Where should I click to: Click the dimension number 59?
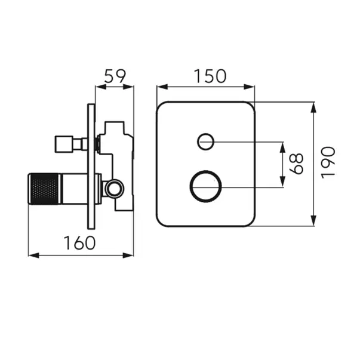point(115,76)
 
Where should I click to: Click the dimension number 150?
point(210,76)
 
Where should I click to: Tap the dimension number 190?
point(328,162)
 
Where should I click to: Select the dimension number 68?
point(296,164)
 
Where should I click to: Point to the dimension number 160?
point(79,243)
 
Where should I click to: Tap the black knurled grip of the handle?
point(44,189)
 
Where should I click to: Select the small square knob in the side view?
point(64,144)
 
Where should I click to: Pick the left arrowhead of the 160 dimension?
point(33,256)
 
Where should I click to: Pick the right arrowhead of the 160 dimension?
point(128,256)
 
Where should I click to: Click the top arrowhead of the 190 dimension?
point(313,107)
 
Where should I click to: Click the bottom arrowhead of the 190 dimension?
point(313,220)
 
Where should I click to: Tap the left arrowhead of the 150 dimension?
point(162,87)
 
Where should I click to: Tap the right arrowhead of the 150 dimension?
point(249,87)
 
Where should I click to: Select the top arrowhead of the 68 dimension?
point(283,147)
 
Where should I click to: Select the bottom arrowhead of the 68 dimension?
point(283,182)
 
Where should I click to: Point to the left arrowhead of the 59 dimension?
point(101,87)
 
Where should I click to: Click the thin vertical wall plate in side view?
point(91,167)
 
